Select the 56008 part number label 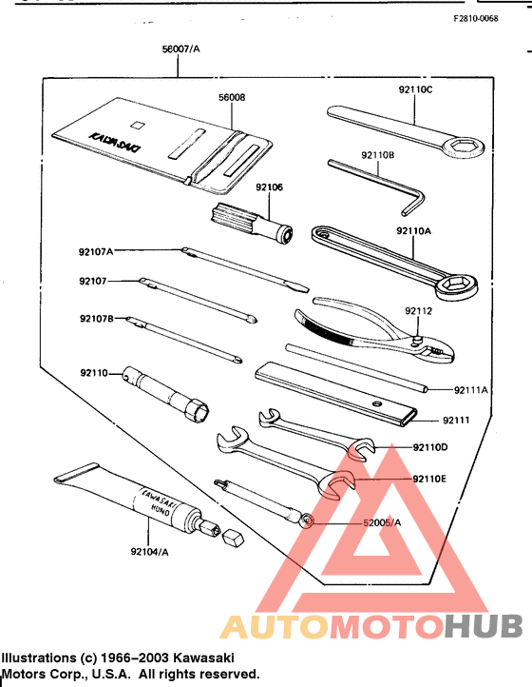coord(232,97)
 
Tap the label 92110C coord(415,89)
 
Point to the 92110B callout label coord(378,154)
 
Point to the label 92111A coord(470,389)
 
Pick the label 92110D coord(430,447)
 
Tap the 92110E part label coord(430,479)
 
